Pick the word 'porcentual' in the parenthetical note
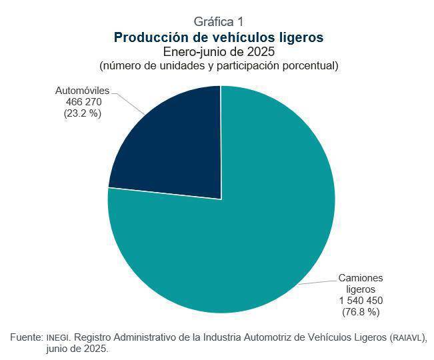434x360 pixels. tap(311, 65)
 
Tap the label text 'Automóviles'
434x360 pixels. tap(82, 90)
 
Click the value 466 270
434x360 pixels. tap(82, 101)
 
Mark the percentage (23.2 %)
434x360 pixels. tap(82, 113)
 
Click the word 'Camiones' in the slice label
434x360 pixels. tap(361, 278)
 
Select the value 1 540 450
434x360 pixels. tap(361, 301)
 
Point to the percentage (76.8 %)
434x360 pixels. tap(361, 312)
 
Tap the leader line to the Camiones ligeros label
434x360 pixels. tap(317, 281)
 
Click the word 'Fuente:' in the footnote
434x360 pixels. tap(27, 337)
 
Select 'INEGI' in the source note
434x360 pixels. tap(57, 338)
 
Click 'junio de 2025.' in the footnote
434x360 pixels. tap(77, 349)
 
